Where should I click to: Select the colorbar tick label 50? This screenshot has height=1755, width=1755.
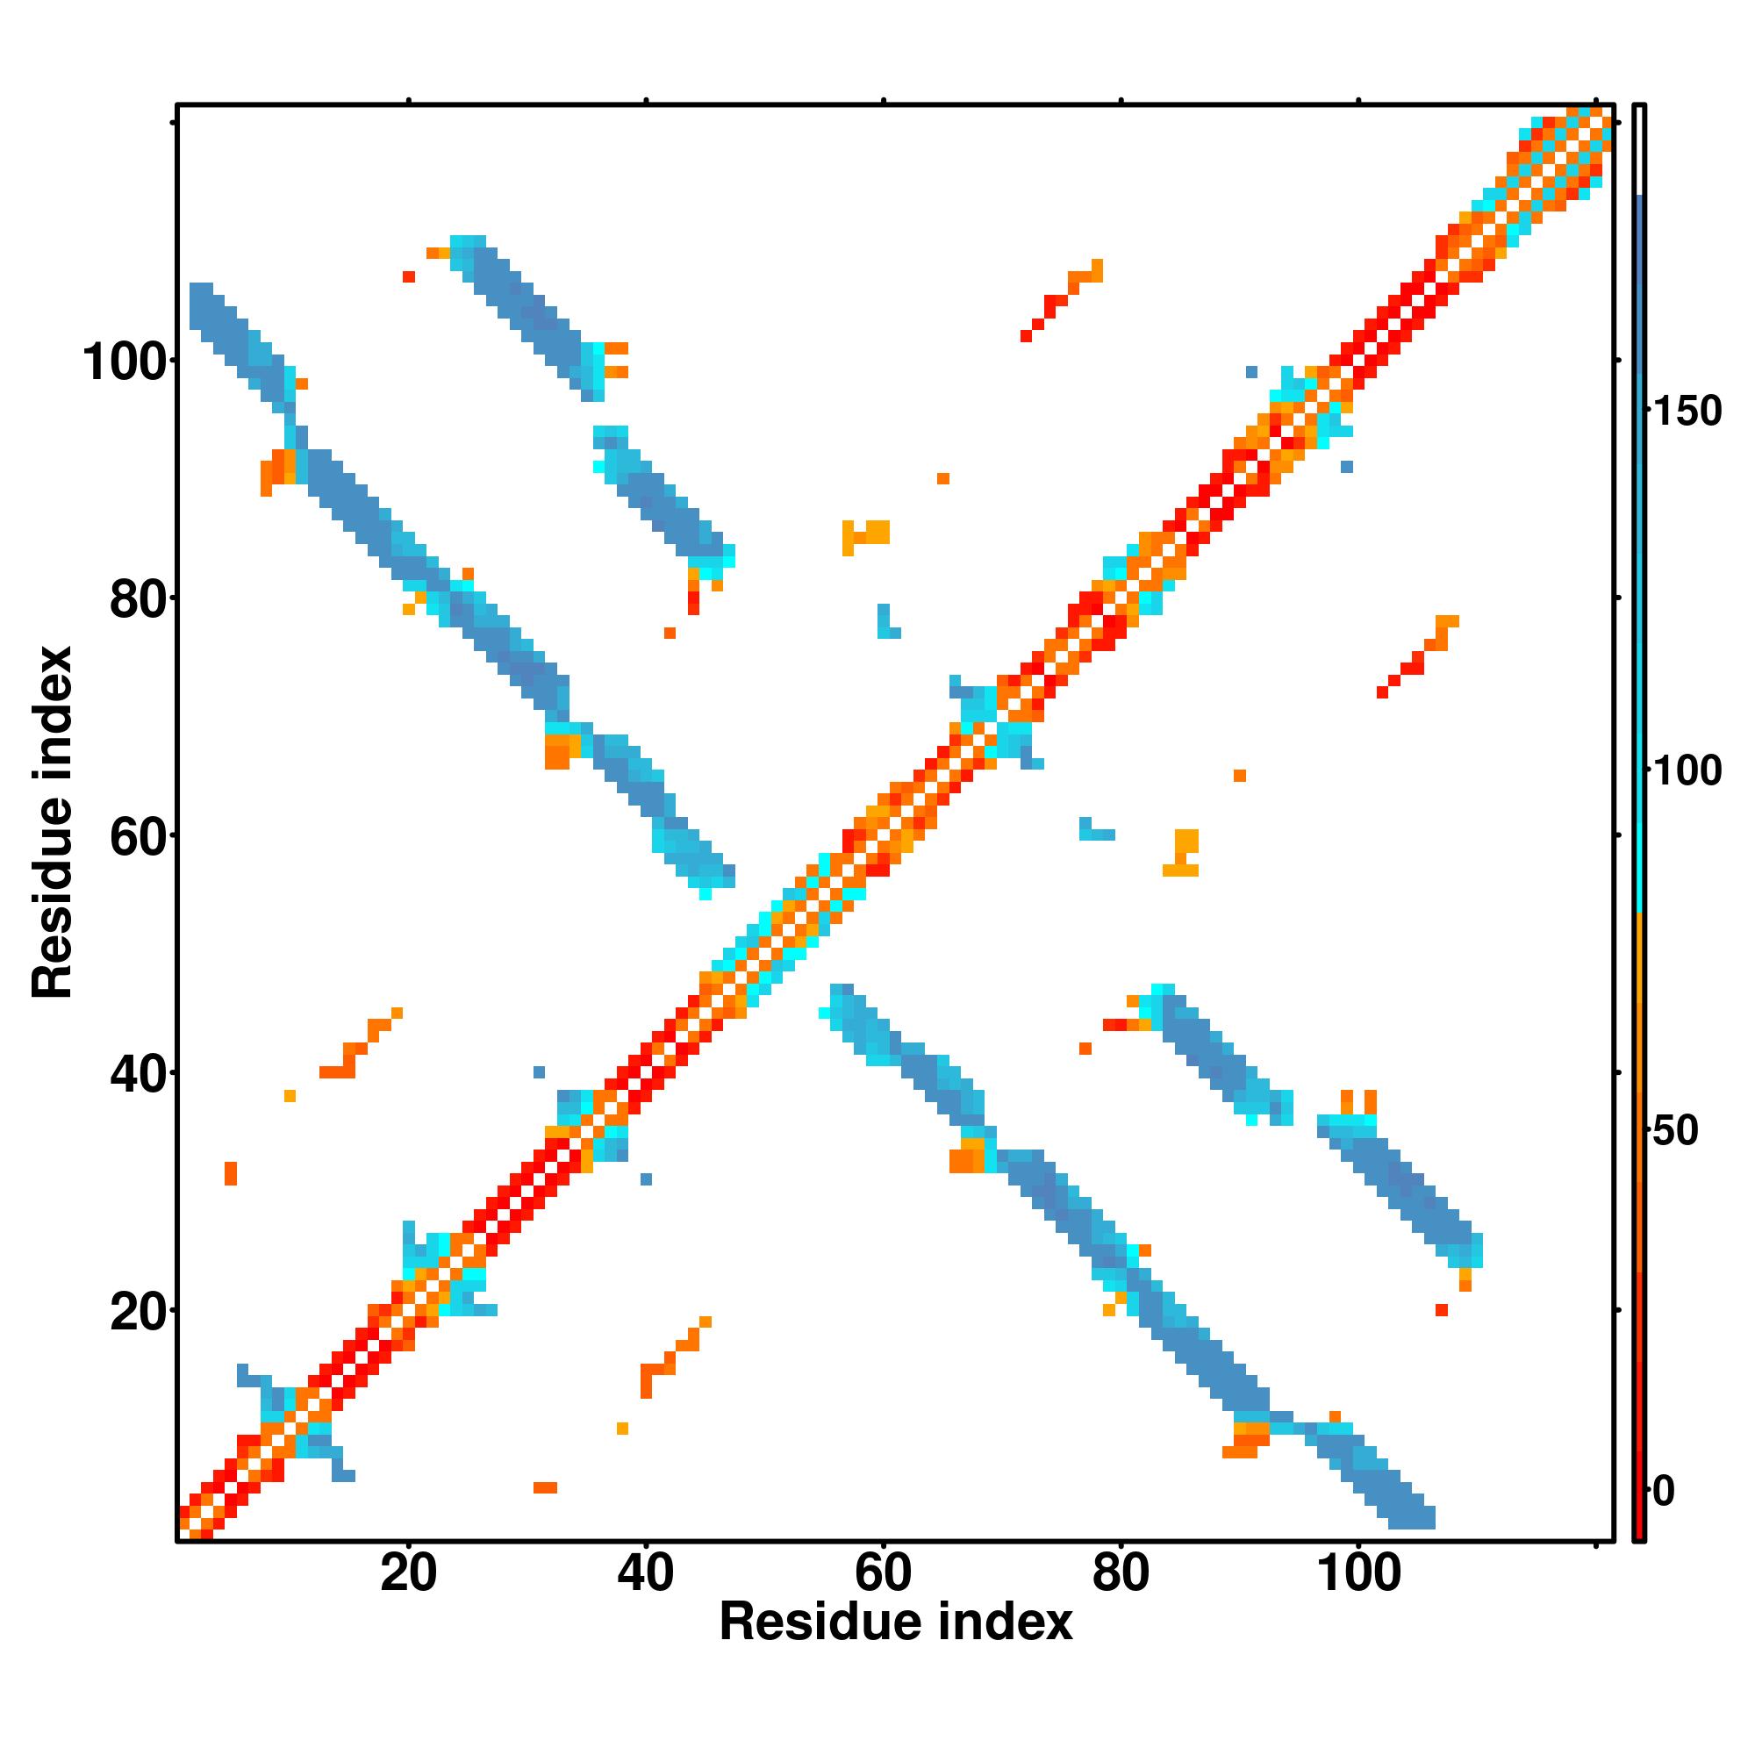1676,1131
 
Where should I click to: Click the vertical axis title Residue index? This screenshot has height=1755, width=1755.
53,822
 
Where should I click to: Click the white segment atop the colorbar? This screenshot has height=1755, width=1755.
1640,150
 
